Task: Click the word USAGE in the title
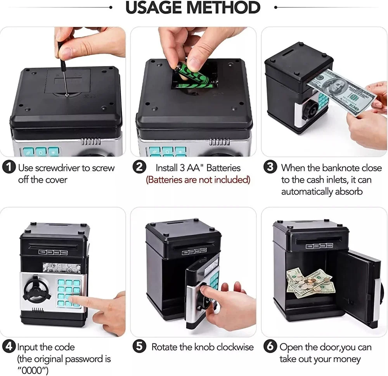[x=154, y=7]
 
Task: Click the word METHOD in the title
[x=223, y=7]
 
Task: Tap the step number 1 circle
[x=9, y=167]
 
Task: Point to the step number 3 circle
[x=270, y=167]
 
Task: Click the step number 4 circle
[x=9, y=346]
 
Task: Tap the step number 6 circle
[x=270, y=346]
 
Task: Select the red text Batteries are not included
[x=198, y=179]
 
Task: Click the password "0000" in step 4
[x=33, y=371]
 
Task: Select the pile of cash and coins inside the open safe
[x=309, y=283]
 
